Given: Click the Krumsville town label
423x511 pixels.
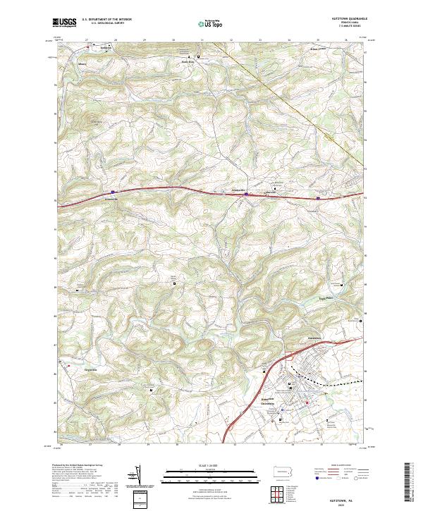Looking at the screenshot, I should tap(238, 190).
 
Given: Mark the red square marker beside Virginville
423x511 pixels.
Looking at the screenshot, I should tap(69, 367).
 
